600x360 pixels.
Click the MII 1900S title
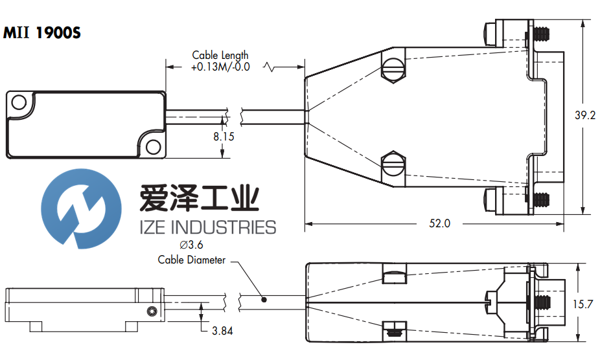point(43,32)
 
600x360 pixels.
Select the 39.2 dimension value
point(584,116)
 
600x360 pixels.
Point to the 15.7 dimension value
point(584,304)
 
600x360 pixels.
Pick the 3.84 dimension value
point(222,331)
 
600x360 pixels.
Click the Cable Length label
point(220,56)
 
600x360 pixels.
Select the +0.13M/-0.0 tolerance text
point(220,67)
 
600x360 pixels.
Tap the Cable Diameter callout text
point(192,260)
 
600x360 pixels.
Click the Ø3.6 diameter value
point(191,245)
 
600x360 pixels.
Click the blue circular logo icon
point(81,207)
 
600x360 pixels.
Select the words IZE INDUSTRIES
point(207,227)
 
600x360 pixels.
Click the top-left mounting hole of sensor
point(19,102)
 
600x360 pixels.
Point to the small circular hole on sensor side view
point(151,313)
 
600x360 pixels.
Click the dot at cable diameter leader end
point(264,300)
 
